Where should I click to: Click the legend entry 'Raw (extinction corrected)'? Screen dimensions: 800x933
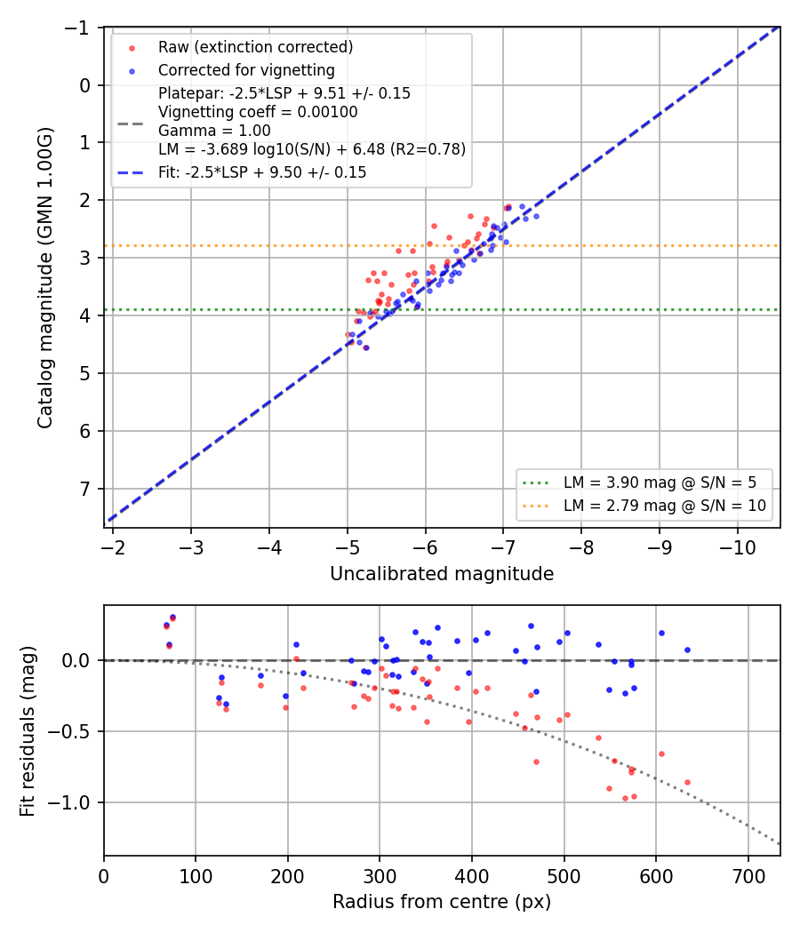pyautogui.click(x=255, y=47)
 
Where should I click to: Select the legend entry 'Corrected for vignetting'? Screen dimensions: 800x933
pyautogui.click(x=246, y=70)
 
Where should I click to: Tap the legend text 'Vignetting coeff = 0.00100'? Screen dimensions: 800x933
pyautogui.click(x=258, y=112)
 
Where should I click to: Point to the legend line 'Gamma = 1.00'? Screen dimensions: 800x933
pyautogui.click(x=214, y=131)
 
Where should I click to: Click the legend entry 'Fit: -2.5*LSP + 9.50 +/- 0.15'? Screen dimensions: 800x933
pyautogui.click(x=262, y=172)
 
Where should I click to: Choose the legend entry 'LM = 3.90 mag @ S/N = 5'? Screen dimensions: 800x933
pyautogui.click(x=660, y=482)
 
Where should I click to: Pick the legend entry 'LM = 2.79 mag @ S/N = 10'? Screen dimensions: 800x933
pyautogui.click(x=665, y=506)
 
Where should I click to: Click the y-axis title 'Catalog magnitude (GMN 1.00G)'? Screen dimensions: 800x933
pyautogui.click(x=45, y=277)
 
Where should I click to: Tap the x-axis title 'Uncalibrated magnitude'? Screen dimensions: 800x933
pyautogui.click(x=442, y=574)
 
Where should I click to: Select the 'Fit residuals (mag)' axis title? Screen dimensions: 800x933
pyautogui.click(x=28, y=731)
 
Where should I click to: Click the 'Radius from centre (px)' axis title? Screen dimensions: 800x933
pyautogui.click(x=442, y=902)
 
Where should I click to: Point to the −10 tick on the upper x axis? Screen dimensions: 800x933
pyautogui.click(x=738, y=547)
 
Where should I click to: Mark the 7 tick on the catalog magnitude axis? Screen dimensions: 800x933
pyautogui.click(x=85, y=489)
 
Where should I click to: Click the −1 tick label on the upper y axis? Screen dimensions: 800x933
pyautogui.click(x=77, y=28)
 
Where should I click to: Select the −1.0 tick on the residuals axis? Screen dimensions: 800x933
pyautogui.click(x=69, y=802)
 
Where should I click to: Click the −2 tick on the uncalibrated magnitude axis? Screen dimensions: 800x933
pyautogui.click(x=113, y=547)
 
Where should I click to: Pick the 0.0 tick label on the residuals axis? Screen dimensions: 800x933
pyautogui.click(x=76, y=660)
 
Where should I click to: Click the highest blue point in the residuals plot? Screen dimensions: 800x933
pyautogui.click(x=172, y=617)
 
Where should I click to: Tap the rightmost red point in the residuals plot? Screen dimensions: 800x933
pyautogui.click(x=687, y=783)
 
